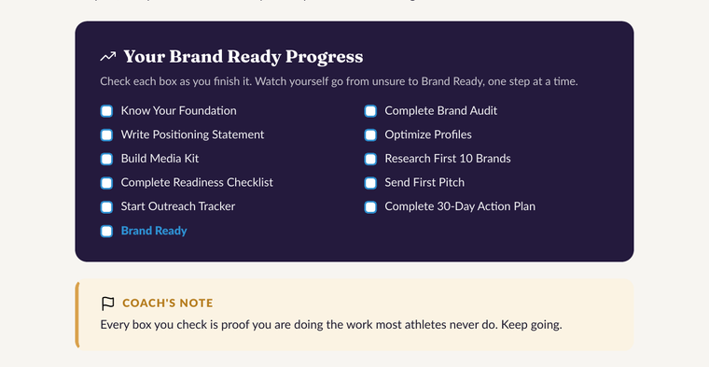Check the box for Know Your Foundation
tap(106, 111)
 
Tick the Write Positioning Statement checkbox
tap(106, 134)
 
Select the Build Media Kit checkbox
tap(106, 159)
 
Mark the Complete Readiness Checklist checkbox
tap(106, 183)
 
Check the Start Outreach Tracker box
tap(106, 206)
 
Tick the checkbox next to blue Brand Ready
tap(106, 231)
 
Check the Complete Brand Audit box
tap(370, 111)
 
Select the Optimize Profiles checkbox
tap(370, 134)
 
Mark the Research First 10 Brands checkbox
tap(370, 159)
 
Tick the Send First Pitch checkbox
tap(370, 183)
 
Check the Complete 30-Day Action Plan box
tap(370, 206)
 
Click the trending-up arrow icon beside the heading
tap(108, 57)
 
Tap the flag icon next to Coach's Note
tap(107, 303)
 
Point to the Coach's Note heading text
tap(168, 303)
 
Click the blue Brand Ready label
tap(154, 231)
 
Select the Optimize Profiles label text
tap(428, 134)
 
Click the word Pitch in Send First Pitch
tap(450, 182)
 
